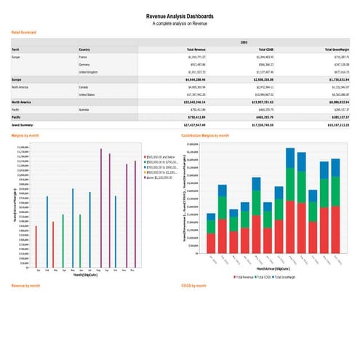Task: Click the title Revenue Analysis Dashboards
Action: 180,15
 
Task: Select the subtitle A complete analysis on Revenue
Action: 180,23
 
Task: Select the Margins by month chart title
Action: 26,135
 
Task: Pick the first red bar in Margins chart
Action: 36,247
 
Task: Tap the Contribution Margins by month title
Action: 206,135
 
